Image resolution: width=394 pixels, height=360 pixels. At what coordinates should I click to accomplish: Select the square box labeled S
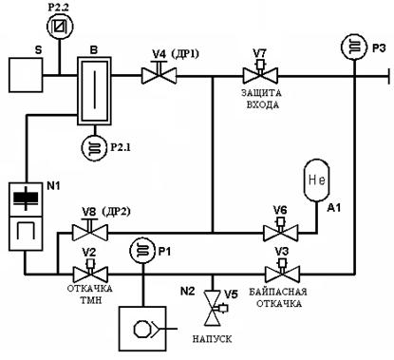(x=26, y=75)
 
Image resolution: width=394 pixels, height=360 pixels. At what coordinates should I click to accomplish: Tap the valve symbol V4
(x=159, y=72)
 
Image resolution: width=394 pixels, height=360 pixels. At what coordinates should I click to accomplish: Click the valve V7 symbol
(x=260, y=72)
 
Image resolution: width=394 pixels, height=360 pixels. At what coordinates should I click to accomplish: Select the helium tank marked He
(x=317, y=180)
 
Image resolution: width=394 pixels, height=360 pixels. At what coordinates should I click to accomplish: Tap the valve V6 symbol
(x=280, y=229)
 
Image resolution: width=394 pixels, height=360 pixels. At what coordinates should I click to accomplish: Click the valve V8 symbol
(x=90, y=229)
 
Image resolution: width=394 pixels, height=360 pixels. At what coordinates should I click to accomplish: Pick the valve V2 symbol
(x=90, y=270)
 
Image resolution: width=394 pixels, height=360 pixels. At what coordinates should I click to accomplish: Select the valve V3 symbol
(x=282, y=270)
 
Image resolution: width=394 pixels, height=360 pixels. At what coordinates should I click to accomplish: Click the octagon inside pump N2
(x=142, y=330)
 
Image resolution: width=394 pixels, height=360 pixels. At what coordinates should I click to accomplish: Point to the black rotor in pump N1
(x=26, y=199)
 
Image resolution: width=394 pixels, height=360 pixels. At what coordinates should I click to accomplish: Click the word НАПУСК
(x=212, y=339)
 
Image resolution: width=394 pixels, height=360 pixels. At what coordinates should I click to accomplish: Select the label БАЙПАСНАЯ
(x=278, y=292)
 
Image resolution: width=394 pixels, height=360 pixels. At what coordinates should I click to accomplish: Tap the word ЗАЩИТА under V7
(x=261, y=93)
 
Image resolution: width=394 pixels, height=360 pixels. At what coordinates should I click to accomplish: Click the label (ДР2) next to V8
(x=116, y=211)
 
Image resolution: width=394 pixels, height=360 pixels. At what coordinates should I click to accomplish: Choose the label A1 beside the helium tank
(x=334, y=208)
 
